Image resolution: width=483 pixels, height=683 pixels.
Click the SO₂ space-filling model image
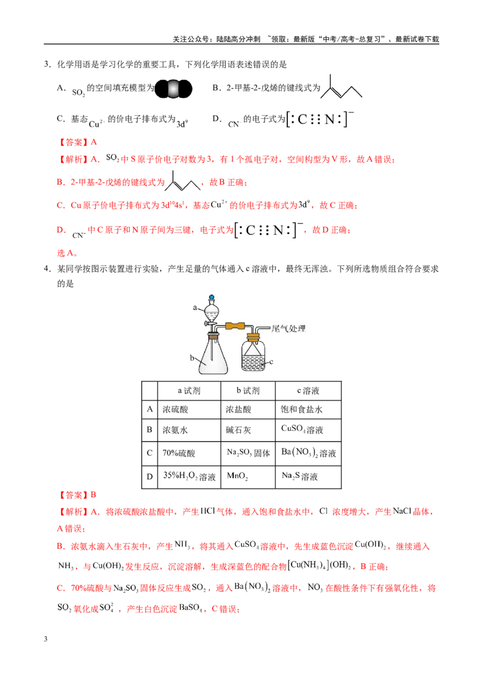click(x=173, y=89)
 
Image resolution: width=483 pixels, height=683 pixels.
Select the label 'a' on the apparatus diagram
click(x=195, y=308)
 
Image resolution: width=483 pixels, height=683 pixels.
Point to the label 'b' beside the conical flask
click(x=192, y=358)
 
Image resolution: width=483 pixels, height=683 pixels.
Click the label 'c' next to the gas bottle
click(x=271, y=361)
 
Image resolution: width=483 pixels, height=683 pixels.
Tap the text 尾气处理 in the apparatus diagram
click(x=289, y=328)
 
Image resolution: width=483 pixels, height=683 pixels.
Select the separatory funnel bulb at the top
click(x=211, y=310)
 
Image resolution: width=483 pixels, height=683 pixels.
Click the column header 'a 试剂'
click(x=189, y=391)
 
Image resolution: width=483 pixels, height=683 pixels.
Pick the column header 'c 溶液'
click(x=308, y=391)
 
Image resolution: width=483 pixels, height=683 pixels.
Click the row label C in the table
click(x=150, y=453)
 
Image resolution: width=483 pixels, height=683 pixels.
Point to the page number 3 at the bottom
click(x=45, y=639)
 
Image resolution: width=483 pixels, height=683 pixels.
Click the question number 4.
click(x=47, y=268)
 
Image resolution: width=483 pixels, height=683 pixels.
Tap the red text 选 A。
click(x=68, y=253)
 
